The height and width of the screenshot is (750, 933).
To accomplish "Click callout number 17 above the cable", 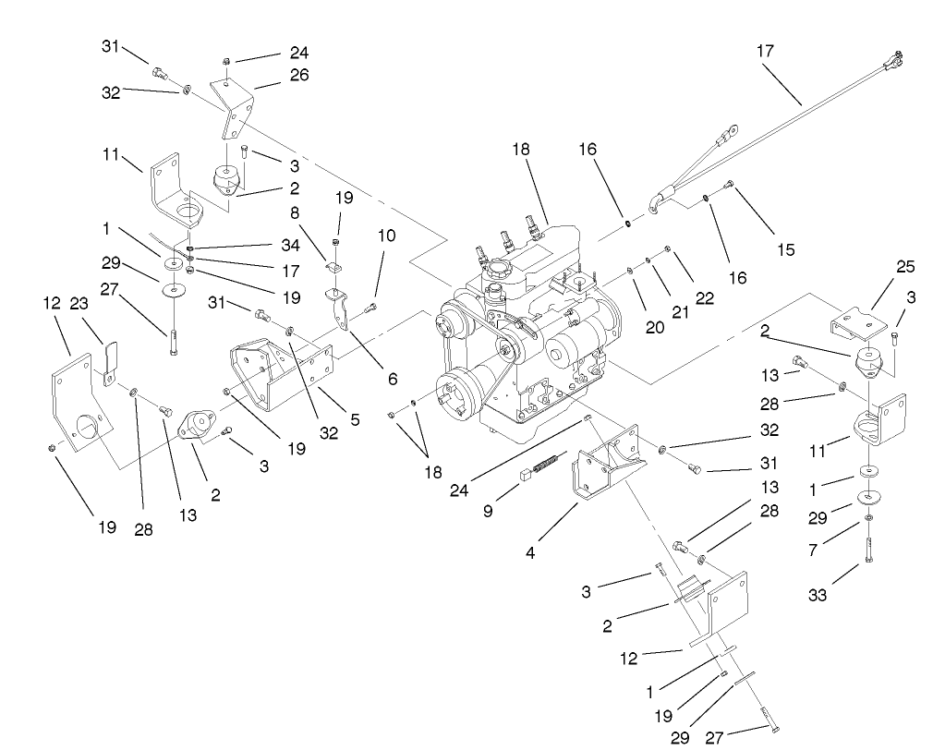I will coord(765,53).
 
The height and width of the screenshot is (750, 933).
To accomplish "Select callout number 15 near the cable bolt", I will coord(787,248).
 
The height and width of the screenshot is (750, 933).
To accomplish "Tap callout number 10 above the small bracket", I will coord(386,236).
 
